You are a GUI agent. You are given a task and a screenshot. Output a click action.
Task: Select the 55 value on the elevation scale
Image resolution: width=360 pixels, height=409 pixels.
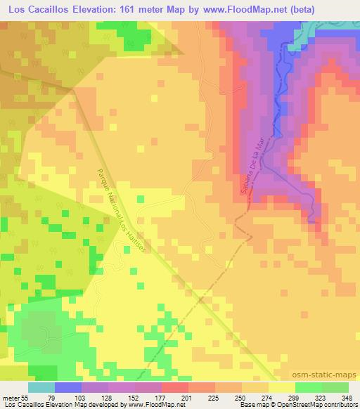26,397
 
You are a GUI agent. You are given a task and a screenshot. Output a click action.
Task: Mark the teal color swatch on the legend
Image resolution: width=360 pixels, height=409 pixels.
41,387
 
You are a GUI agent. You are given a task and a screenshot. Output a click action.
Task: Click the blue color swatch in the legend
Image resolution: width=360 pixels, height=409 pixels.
69,387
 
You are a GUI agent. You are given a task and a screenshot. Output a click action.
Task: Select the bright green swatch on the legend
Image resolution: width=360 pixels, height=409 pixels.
308,387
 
